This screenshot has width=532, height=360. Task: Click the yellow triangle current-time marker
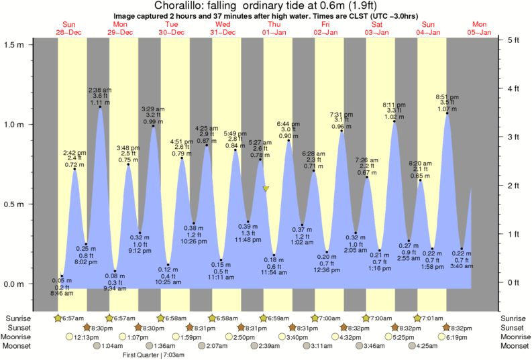(266, 189)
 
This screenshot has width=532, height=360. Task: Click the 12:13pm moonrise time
(87, 337)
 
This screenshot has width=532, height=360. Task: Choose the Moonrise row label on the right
(514, 337)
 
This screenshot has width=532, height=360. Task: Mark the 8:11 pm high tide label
(394, 105)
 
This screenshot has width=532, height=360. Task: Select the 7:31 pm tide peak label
(343, 114)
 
